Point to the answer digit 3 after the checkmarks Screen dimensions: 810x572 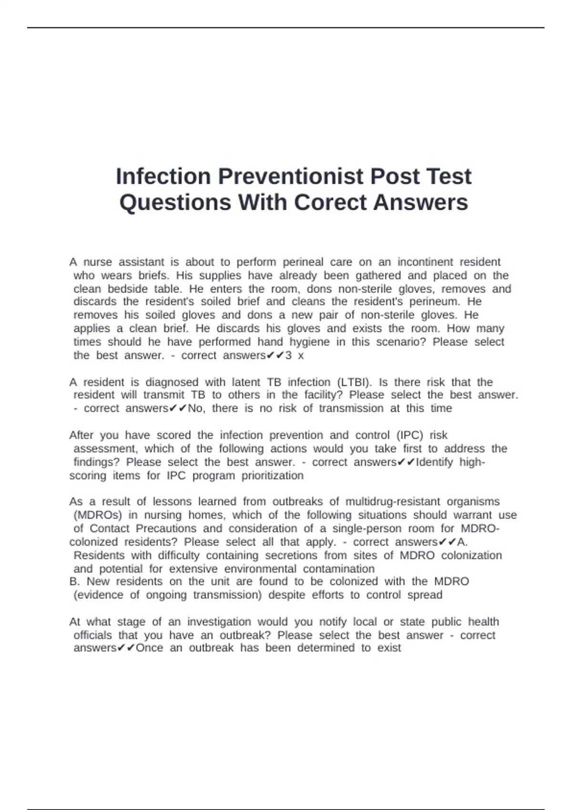click(288, 355)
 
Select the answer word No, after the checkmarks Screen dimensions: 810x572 click(196, 408)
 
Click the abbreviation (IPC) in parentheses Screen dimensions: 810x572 click(409, 435)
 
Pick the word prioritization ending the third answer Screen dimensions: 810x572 click(272, 476)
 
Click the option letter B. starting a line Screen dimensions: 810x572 click(75, 581)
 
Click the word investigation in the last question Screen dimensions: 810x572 click(219, 622)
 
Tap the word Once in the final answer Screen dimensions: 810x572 click(149, 648)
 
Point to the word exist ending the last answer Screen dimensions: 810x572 click(389, 648)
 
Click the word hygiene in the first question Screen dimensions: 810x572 click(309, 342)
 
